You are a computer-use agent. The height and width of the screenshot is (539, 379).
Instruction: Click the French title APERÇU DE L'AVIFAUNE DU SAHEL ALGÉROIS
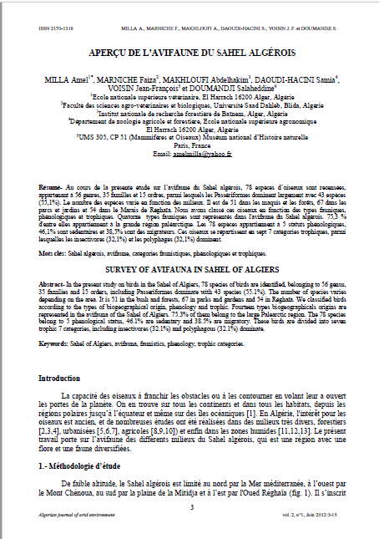click(189, 52)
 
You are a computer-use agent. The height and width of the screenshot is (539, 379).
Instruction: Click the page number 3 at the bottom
click(191, 506)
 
